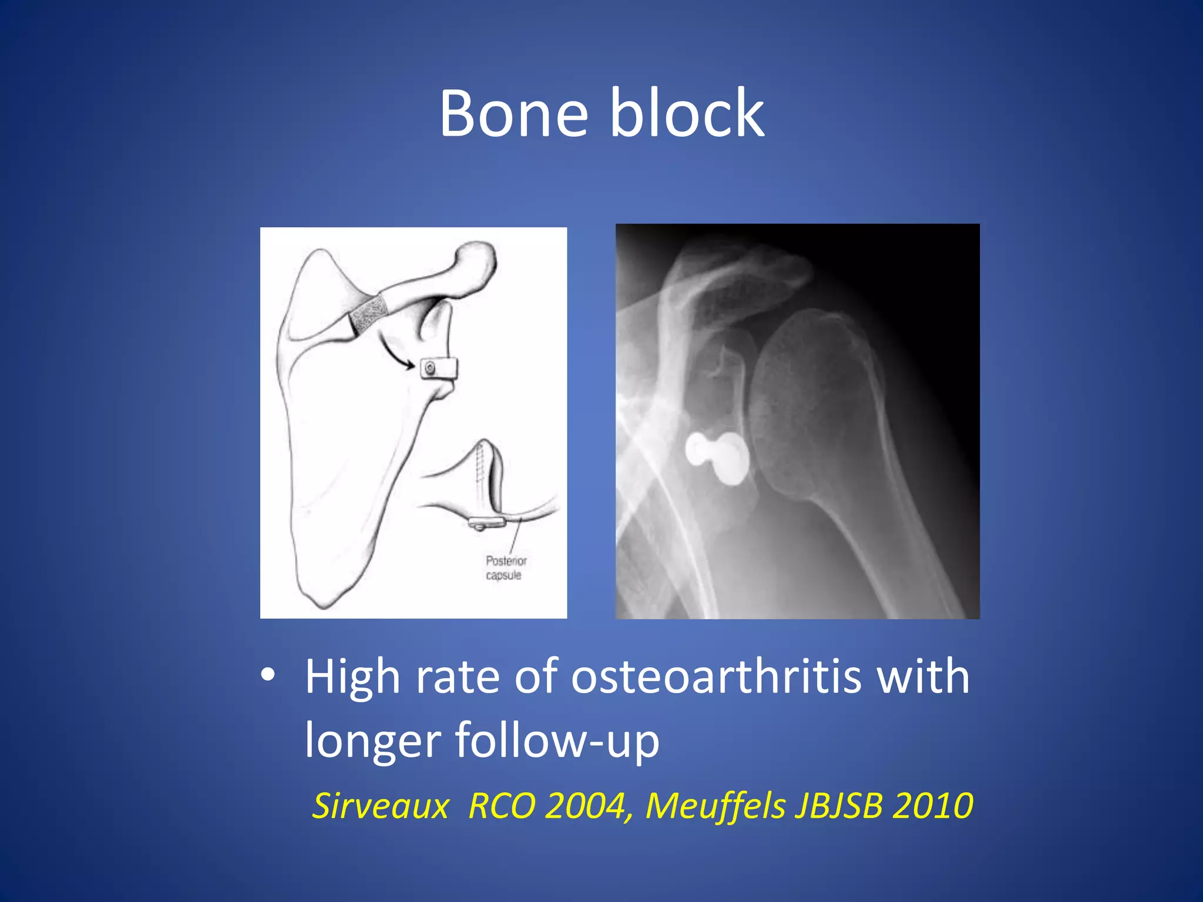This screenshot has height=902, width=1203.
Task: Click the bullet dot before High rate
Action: click(268, 675)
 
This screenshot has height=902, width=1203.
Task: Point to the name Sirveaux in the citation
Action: click(380, 805)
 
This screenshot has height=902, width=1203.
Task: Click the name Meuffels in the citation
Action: click(715, 805)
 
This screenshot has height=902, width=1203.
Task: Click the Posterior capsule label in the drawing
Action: click(506, 568)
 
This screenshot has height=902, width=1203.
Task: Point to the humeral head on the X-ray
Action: click(811, 388)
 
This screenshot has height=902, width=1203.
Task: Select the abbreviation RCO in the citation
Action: click(502, 805)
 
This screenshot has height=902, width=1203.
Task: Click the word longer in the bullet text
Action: click(372, 740)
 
